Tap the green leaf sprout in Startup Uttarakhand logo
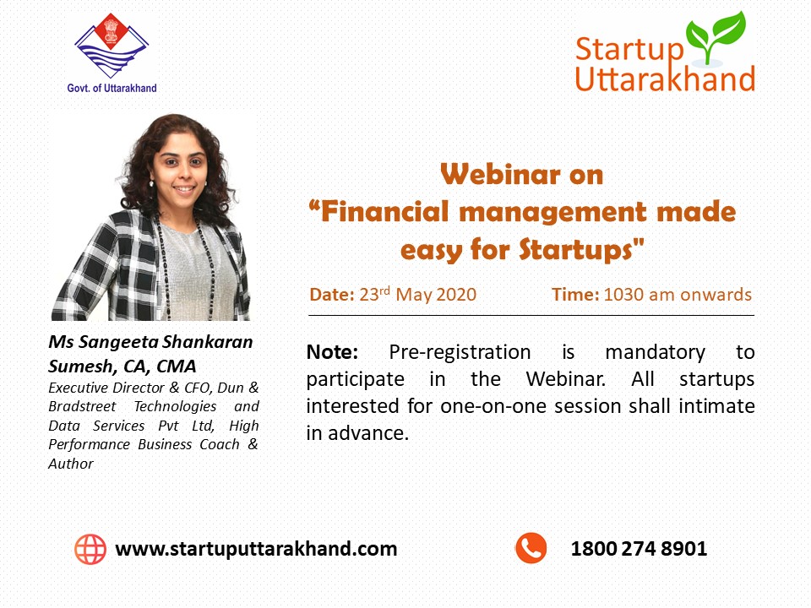(716, 37)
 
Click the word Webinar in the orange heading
(500, 174)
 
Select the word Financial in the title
(384, 212)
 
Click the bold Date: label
(331, 295)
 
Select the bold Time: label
(575, 295)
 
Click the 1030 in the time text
(623, 295)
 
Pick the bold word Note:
(332, 352)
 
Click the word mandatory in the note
(655, 353)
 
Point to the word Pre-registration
(460, 353)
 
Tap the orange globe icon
(90, 549)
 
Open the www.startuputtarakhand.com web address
(256, 549)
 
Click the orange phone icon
(531, 548)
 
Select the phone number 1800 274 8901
(639, 549)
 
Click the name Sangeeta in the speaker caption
(118, 343)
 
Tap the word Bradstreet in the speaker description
(82, 406)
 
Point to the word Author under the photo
(71, 464)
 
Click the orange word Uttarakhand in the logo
(665, 79)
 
